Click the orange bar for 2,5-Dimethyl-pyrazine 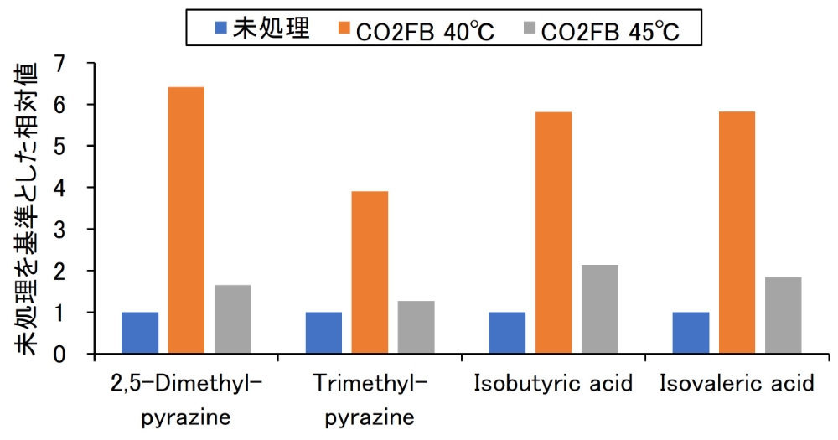pos(186,220)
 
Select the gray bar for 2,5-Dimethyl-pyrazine pos(232,319)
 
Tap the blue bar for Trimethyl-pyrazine pos(323,333)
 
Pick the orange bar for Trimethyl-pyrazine pos(370,272)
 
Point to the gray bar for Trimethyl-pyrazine pos(416,327)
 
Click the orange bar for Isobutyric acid pos(553,233)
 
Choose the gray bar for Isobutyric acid pos(599,309)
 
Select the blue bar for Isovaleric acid pos(691,333)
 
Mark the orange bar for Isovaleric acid pos(737,233)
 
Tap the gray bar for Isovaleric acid pos(783,315)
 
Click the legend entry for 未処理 pos(262,29)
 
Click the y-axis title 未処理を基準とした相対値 pos(27,208)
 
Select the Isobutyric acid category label pos(553,385)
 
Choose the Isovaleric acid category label pos(737,385)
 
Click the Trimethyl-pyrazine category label pos(370,400)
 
